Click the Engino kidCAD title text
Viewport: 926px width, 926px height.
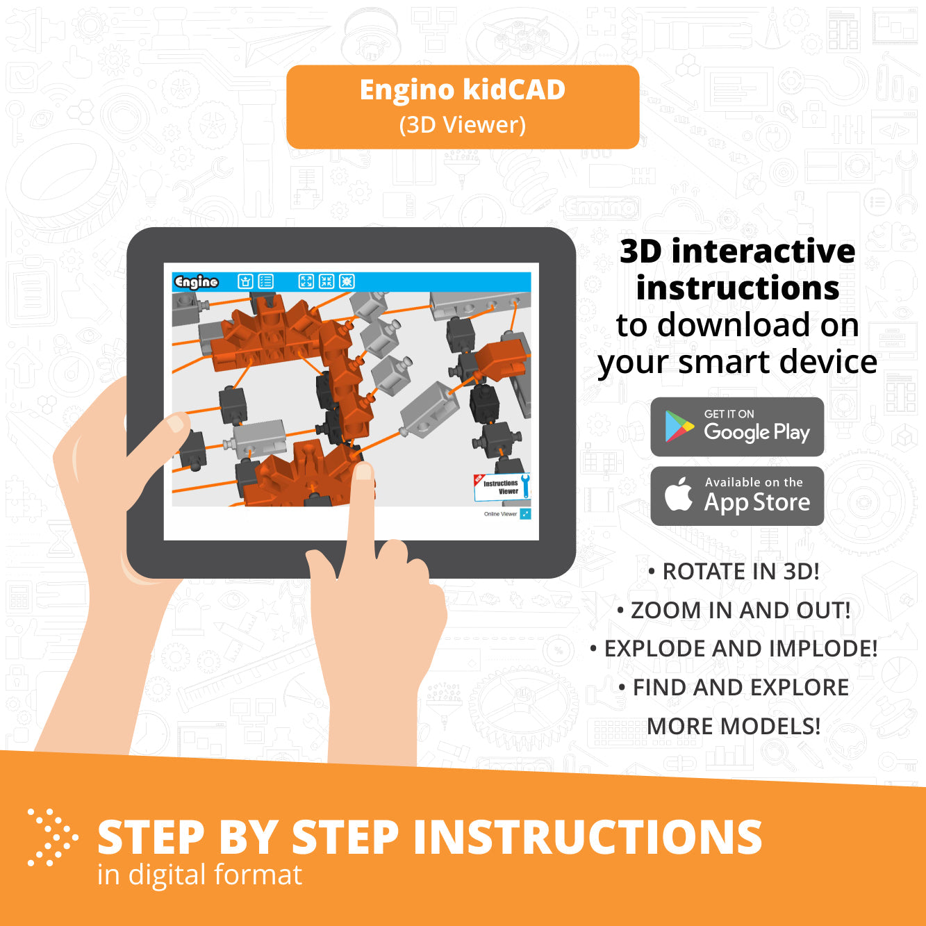[462, 90]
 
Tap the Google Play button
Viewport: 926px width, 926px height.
[737, 427]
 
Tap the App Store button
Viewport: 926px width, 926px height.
[737, 495]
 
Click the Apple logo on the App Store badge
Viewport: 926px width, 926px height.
[679, 495]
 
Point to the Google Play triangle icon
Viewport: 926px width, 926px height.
[679, 427]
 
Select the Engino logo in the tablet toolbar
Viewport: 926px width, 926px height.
[196, 281]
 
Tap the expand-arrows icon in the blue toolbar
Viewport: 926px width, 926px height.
[306, 281]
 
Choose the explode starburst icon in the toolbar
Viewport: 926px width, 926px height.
[347, 281]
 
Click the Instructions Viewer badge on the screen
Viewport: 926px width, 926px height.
[502, 486]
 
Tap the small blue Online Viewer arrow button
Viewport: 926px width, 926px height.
[525, 514]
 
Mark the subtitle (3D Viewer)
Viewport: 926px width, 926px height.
[462, 125]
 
